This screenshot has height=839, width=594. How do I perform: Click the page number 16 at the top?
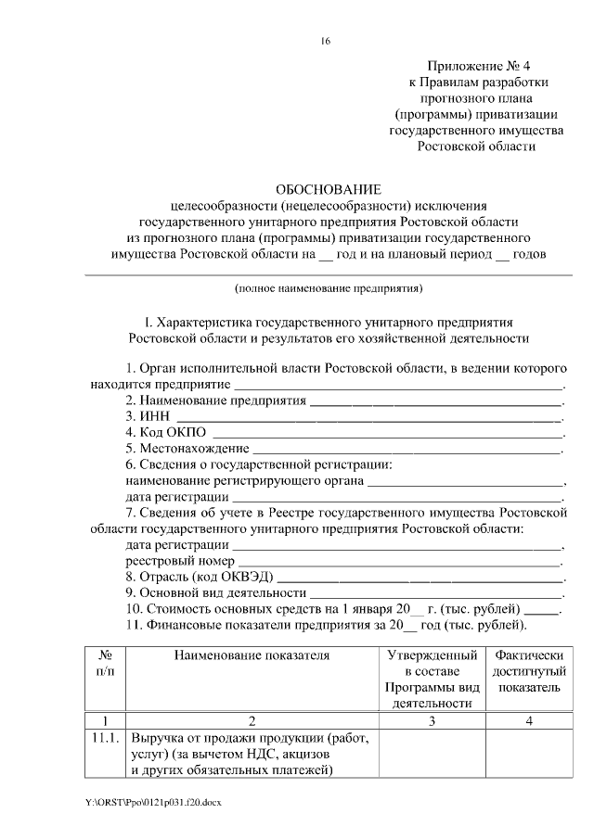point(326,41)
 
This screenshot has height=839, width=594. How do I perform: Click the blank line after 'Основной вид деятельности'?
point(435,593)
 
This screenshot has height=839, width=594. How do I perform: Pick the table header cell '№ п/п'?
point(105,664)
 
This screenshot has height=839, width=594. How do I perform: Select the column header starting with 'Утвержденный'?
point(432,679)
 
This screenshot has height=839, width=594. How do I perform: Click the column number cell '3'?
point(432,720)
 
